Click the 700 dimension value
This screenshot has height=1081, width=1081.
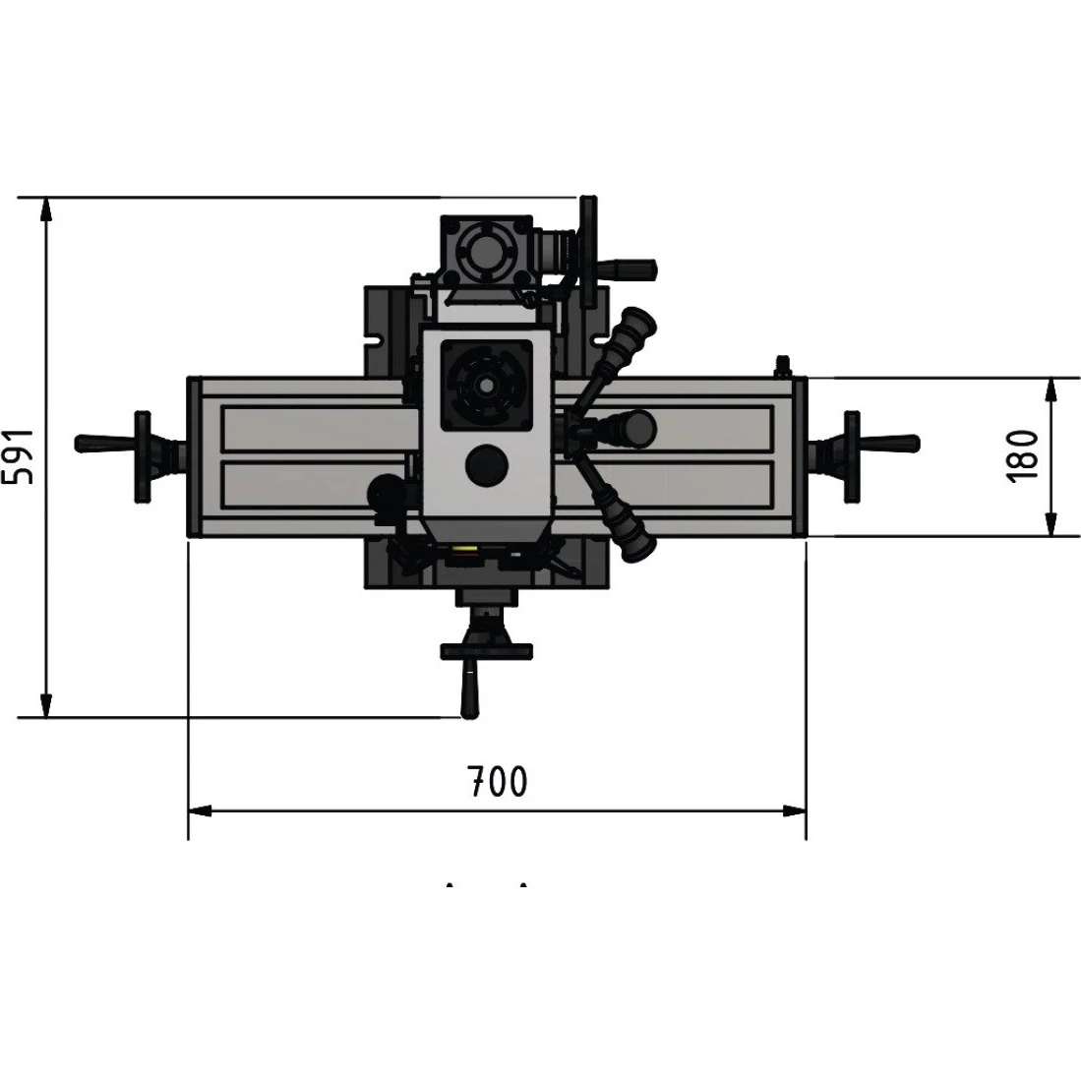pos(497,780)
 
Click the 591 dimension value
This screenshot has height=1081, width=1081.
pos(18,456)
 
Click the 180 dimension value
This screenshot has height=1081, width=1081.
pos(1022,456)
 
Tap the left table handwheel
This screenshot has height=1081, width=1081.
pos(142,457)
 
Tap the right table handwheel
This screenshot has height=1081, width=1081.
pos(852,457)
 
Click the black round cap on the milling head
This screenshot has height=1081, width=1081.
pos(487,465)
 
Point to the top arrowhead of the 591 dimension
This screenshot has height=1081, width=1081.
pos(45,209)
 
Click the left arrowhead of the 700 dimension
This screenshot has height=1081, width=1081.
pos(200,811)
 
